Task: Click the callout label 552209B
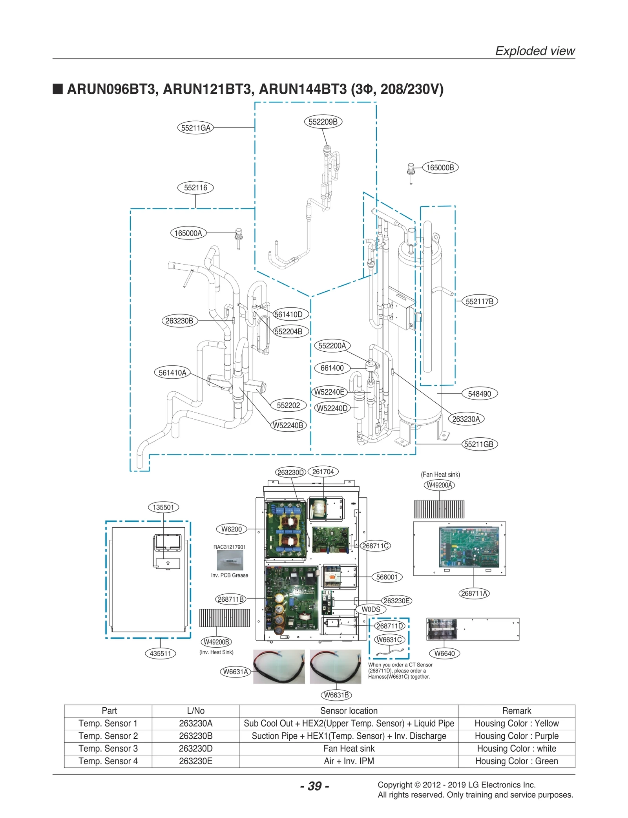coord(323,122)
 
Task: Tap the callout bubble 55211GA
coord(195,128)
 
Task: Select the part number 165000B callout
coord(440,168)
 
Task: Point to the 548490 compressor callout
coord(479,394)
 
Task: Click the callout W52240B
coord(288,425)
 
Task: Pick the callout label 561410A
coord(172,372)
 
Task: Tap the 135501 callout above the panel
coord(163,507)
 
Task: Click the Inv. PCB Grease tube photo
coord(230,560)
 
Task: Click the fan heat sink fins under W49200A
coord(439,509)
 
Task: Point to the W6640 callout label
coord(444,654)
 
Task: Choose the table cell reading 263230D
coord(195,749)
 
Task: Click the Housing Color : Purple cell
coord(517,736)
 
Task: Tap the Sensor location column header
coord(349,711)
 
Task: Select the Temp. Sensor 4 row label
coord(108,761)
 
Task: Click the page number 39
coord(314,786)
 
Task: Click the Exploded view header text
coord(535,51)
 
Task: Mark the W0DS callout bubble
coord(371,609)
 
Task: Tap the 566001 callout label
coord(387,577)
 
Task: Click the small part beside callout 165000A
coord(238,237)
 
